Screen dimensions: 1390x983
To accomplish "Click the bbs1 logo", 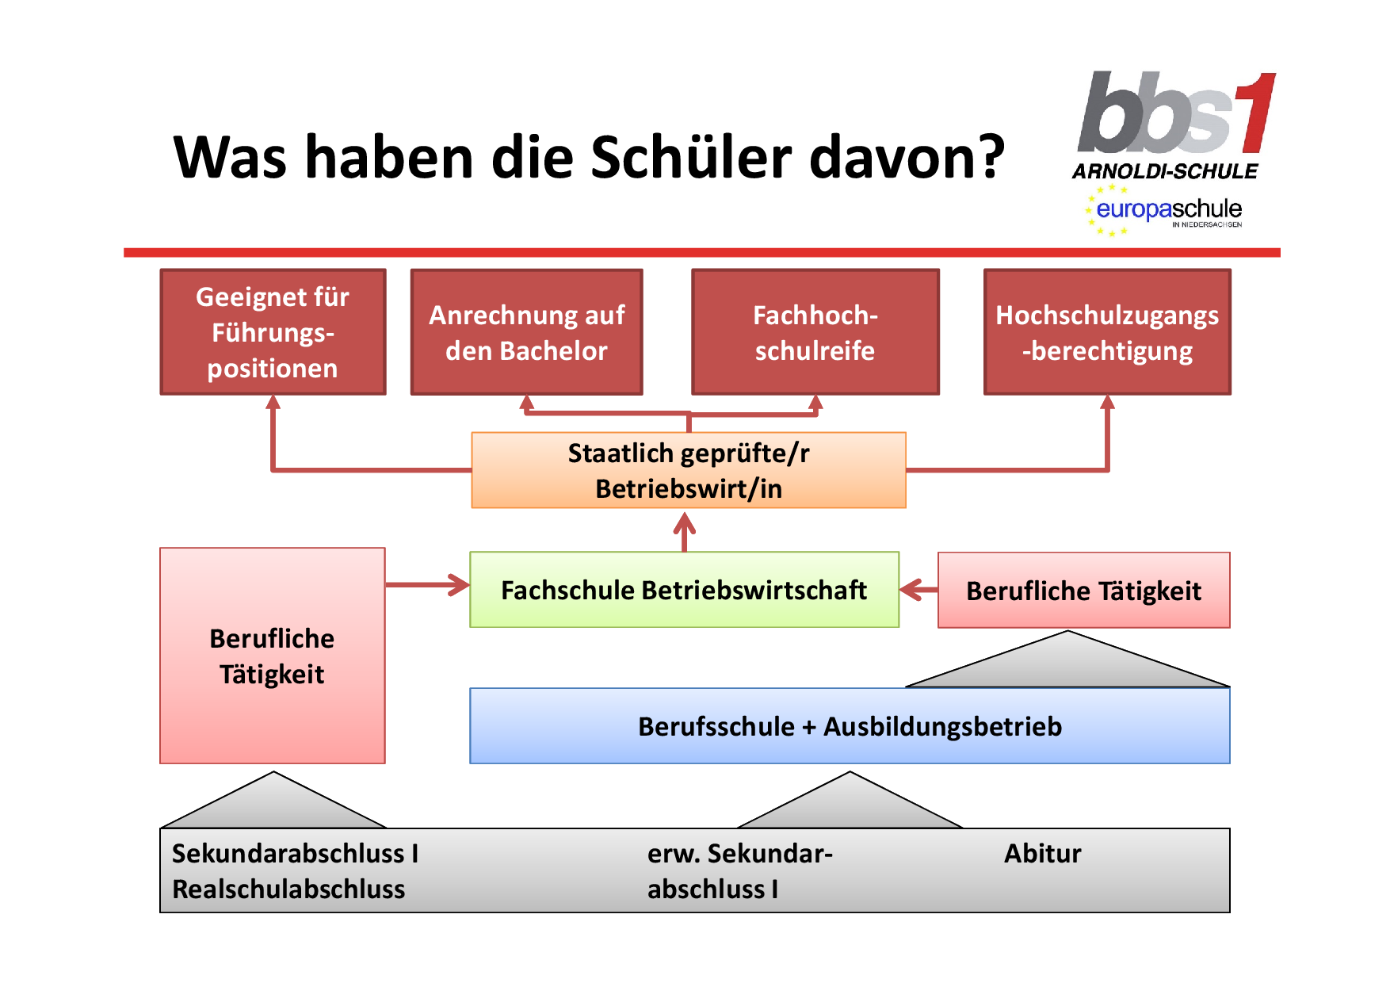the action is coord(1177,113).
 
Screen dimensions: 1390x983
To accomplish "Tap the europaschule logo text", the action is coord(1169,209).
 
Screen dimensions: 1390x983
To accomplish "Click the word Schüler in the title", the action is coord(691,156).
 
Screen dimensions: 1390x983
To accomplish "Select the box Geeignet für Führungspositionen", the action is coord(273,332).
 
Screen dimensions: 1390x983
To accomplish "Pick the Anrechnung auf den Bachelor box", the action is coord(527,332).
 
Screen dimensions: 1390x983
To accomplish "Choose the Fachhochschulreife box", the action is coord(815,332).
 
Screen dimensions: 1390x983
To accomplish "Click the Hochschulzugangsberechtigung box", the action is coord(1107,332).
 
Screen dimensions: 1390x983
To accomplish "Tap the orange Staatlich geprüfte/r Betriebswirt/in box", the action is coord(689,470).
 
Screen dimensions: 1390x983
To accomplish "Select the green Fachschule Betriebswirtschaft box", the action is coord(685,590).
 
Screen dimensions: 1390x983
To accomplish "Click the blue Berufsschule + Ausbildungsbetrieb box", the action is coord(850,726).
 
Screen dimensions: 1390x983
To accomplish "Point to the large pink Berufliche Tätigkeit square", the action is coord(273,656).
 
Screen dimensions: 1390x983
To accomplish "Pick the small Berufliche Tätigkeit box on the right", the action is coord(1084,591).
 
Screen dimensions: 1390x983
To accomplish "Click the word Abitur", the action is coord(1042,853).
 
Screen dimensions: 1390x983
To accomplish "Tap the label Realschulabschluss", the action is coord(288,889).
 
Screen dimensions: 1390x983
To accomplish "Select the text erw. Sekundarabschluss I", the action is coord(740,871).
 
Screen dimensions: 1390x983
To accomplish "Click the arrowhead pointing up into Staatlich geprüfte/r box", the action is coord(685,523).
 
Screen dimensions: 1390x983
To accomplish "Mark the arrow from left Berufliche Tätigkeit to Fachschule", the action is coord(427,585).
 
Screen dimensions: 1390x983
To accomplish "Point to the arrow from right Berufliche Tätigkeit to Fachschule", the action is coord(919,590).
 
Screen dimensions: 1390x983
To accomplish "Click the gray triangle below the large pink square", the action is coord(273,800).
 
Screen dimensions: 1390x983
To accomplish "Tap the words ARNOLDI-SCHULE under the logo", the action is coord(1165,171).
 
